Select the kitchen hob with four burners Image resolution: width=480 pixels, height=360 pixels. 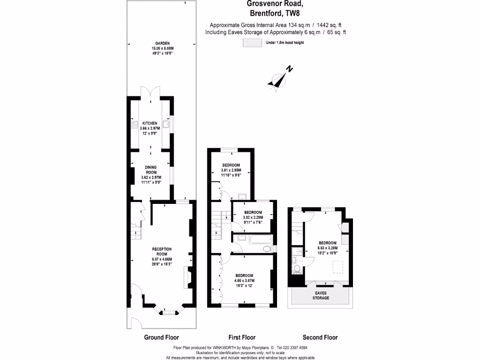click(133, 126)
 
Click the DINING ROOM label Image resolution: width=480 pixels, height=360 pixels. click(150, 169)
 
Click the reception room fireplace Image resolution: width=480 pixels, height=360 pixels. click(188, 280)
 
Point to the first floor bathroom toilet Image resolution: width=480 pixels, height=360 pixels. click(268, 248)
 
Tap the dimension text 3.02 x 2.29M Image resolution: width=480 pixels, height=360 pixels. click(253, 217)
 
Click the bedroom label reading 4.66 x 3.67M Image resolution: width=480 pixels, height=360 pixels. click(244, 281)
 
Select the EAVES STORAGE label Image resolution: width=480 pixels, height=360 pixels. click(321, 295)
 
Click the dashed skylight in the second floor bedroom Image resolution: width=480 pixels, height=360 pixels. click(337, 267)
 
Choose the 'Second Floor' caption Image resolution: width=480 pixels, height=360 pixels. click(320, 337)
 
